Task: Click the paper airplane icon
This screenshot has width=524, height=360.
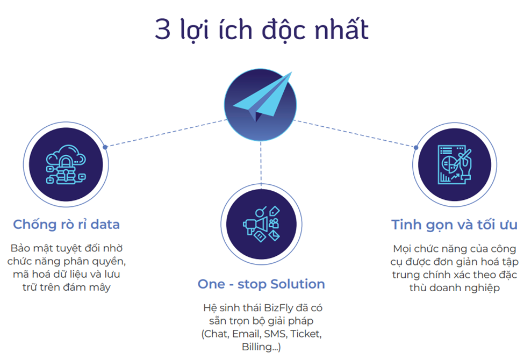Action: [262, 97]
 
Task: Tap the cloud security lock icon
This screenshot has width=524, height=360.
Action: [66, 164]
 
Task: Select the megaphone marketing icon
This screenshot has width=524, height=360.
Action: [261, 224]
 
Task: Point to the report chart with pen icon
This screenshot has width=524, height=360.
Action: [455, 164]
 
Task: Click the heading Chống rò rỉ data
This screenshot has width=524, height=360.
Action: [66, 224]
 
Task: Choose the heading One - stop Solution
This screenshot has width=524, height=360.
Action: [261, 284]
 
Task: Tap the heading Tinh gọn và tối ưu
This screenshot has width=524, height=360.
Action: [454, 225]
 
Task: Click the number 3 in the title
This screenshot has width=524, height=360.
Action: [163, 30]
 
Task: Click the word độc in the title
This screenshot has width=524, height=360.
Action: [283, 30]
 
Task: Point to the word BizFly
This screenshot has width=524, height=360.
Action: [278, 308]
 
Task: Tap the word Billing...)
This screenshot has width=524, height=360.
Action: [261, 347]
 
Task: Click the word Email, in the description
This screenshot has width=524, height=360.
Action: [247, 334]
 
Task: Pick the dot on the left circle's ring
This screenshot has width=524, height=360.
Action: [105, 147]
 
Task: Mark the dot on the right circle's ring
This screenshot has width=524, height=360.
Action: [416, 147]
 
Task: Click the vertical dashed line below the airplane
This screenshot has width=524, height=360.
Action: [261, 163]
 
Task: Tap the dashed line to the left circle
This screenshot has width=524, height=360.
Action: [167, 133]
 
